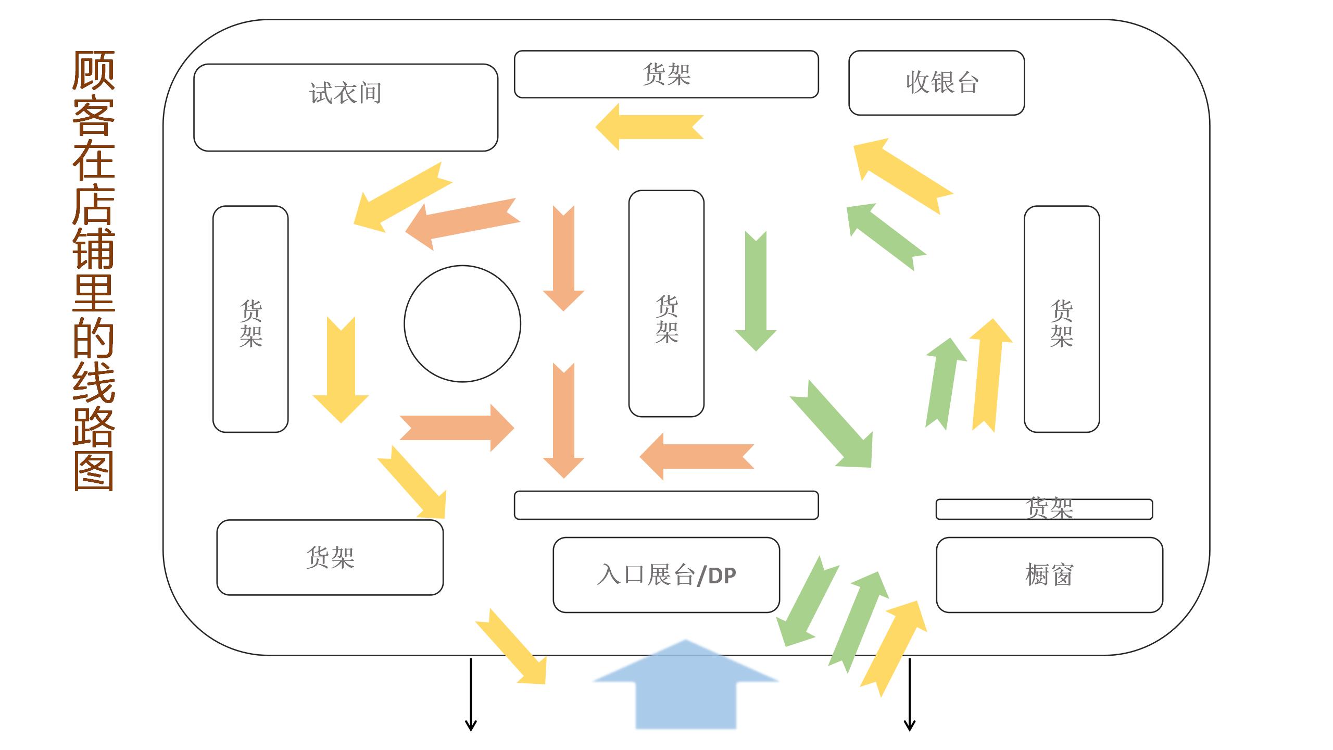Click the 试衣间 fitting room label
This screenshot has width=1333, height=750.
click(345, 94)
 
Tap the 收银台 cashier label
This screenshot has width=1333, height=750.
click(942, 83)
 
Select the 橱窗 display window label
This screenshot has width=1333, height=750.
click(1049, 576)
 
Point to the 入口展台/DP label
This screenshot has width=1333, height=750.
click(666, 576)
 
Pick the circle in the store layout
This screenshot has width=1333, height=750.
click(462, 324)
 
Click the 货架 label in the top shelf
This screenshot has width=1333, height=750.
click(666, 74)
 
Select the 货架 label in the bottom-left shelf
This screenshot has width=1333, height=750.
click(330, 557)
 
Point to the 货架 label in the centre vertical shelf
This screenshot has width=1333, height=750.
click(666, 319)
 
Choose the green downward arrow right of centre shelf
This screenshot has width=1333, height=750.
click(756, 292)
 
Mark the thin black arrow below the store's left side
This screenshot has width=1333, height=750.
click(471, 695)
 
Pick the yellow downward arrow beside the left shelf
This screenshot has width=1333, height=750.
click(341, 370)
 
